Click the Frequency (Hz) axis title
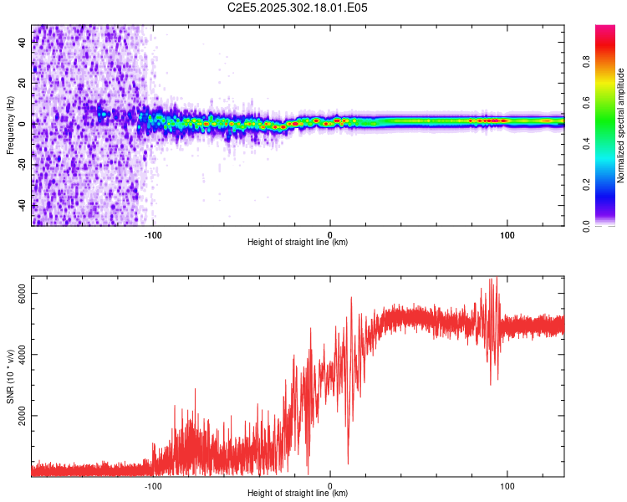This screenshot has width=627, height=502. tap(10, 125)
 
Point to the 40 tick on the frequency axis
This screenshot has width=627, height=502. tap(22, 43)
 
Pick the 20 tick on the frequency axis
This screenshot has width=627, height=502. tap(22, 84)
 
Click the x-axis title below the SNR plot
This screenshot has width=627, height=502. tap(298, 494)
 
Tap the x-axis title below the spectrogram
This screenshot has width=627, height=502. tap(298, 243)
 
